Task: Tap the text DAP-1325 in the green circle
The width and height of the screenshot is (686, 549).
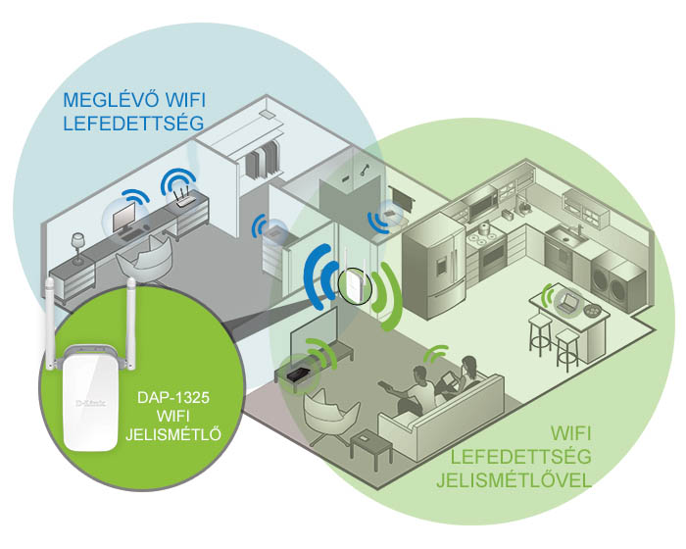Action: coord(173,398)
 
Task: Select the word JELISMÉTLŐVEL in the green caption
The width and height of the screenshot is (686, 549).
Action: coord(514,480)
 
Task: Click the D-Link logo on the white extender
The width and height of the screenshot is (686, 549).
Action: coord(90,403)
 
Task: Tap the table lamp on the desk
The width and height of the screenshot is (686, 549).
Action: coord(77,248)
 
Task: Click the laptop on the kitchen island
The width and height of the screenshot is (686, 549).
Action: coord(567,303)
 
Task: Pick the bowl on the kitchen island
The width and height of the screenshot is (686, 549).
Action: coord(592,310)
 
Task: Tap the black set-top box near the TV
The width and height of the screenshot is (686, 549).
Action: coord(299,374)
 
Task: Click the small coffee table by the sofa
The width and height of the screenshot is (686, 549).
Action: coord(371,447)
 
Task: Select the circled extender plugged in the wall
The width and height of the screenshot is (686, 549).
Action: coord(355,284)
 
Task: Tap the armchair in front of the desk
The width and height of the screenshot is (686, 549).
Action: coord(145,261)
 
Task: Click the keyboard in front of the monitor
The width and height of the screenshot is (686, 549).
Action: coord(135,234)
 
